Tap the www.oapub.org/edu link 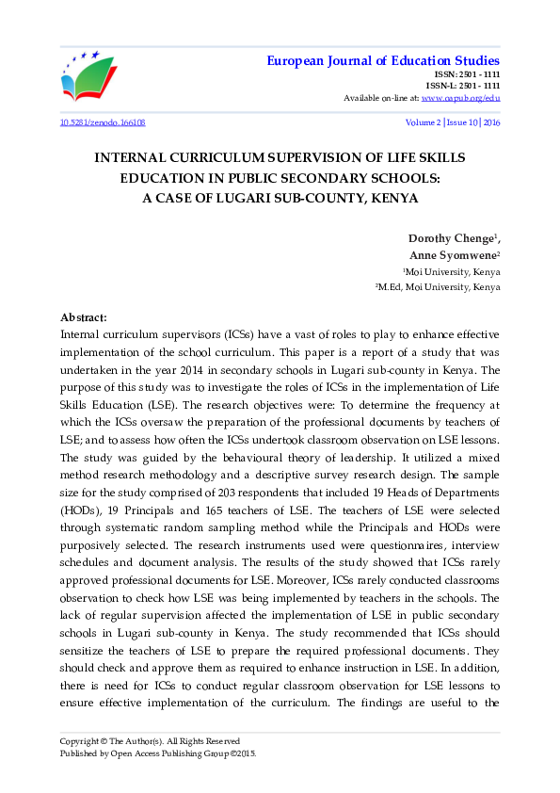[461, 98]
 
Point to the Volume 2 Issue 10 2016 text [453, 123]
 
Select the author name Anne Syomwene [454, 255]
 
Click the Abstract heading [83, 318]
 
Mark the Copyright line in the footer [150, 740]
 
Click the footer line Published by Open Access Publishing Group [157, 753]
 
